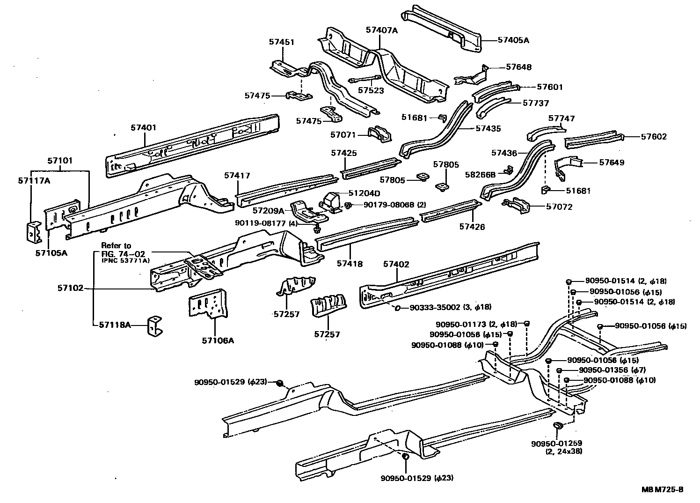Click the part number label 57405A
coord(513,40)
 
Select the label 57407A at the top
coord(381,30)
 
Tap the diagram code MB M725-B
coord(662,490)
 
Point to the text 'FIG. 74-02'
coord(120,253)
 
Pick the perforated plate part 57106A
coord(208,304)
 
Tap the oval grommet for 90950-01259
coord(557,426)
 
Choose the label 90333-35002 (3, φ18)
coord(450,307)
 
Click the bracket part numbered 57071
coord(379,134)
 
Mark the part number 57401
coord(144,127)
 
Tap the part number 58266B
coord(480,175)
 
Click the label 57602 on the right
coord(654,137)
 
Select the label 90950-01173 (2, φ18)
coord(476,324)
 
